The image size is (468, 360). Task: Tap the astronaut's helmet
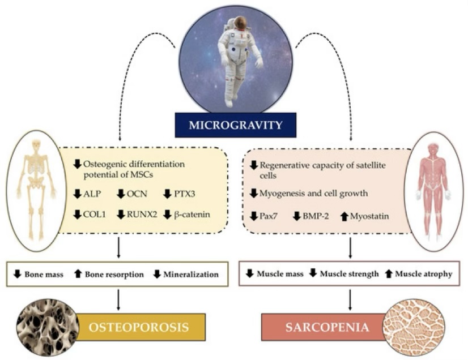click(240, 23)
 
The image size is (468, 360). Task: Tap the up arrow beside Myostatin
click(345, 217)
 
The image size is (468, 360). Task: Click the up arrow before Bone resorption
click(79, 275)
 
